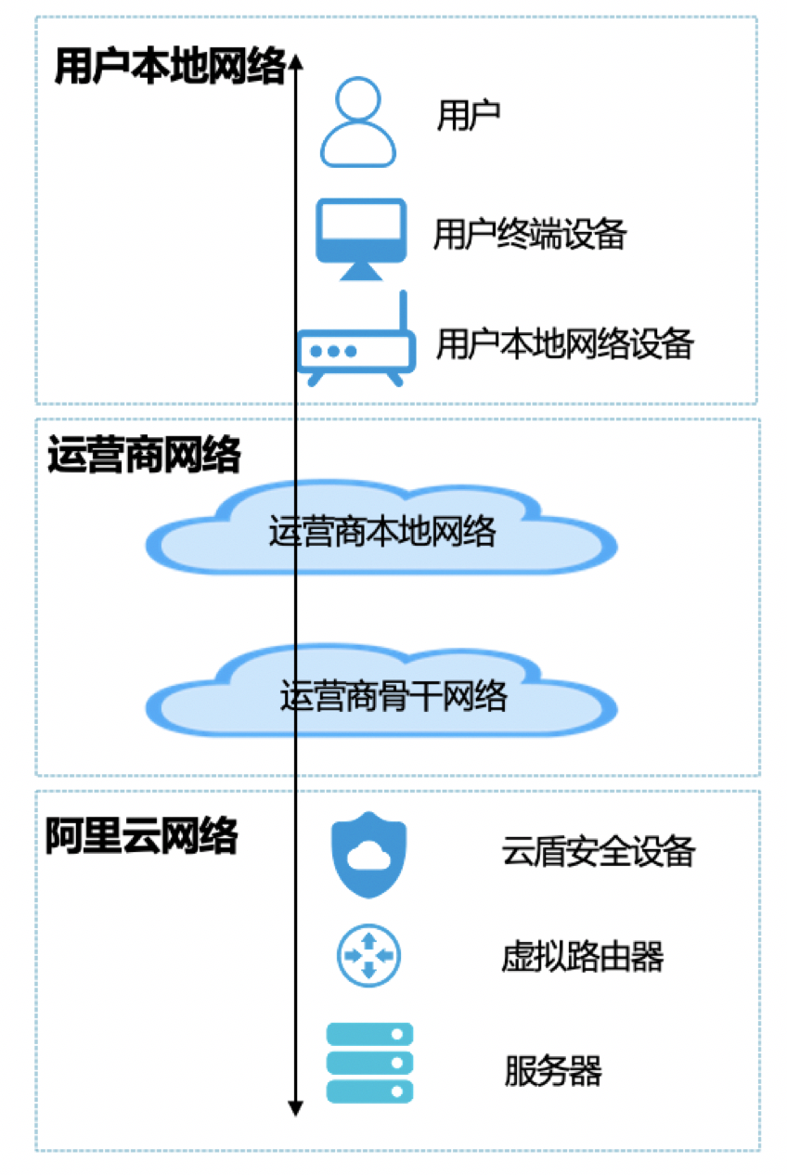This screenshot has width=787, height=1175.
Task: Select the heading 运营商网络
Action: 144,456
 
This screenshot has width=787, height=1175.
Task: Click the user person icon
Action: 358,123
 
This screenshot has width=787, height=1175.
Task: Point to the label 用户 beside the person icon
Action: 470,115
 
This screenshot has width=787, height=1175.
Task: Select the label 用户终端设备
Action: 530,235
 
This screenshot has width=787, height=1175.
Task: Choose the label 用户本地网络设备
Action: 565,344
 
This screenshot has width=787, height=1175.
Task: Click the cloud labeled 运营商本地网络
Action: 383,531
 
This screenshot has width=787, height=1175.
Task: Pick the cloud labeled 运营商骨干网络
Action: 383,694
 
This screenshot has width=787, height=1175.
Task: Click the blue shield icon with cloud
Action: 368,854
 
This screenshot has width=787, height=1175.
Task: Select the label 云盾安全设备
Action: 599,851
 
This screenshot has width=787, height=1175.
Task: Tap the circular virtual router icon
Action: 368,955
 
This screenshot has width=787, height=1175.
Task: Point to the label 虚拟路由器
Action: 583,956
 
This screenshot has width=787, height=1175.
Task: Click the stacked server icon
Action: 369,1063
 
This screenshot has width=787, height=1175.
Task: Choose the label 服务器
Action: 554,1071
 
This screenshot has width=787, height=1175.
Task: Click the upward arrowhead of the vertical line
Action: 295,61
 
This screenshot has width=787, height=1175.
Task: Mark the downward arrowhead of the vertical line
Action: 295,1107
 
